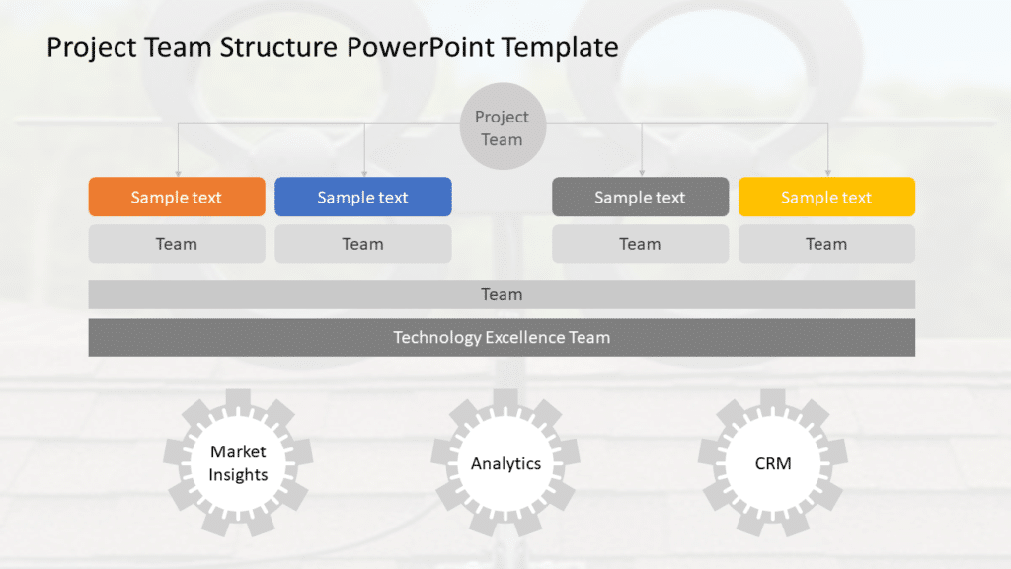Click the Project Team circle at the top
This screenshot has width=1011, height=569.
502,127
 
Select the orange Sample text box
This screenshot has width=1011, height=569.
177,197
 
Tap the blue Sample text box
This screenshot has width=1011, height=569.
362,197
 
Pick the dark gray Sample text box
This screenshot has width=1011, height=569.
640,197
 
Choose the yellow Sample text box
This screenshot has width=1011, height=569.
826,197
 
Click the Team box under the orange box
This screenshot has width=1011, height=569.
177,244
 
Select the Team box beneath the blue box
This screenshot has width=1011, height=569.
362,244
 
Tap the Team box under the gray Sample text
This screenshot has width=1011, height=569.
640,244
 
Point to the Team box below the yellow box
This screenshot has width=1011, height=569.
826,244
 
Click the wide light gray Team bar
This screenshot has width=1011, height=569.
502,294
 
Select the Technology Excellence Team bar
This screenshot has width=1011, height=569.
502,337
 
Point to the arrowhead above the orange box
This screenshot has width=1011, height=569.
178,172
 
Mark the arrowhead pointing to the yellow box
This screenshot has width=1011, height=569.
827,172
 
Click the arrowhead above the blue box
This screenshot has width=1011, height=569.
364,172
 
